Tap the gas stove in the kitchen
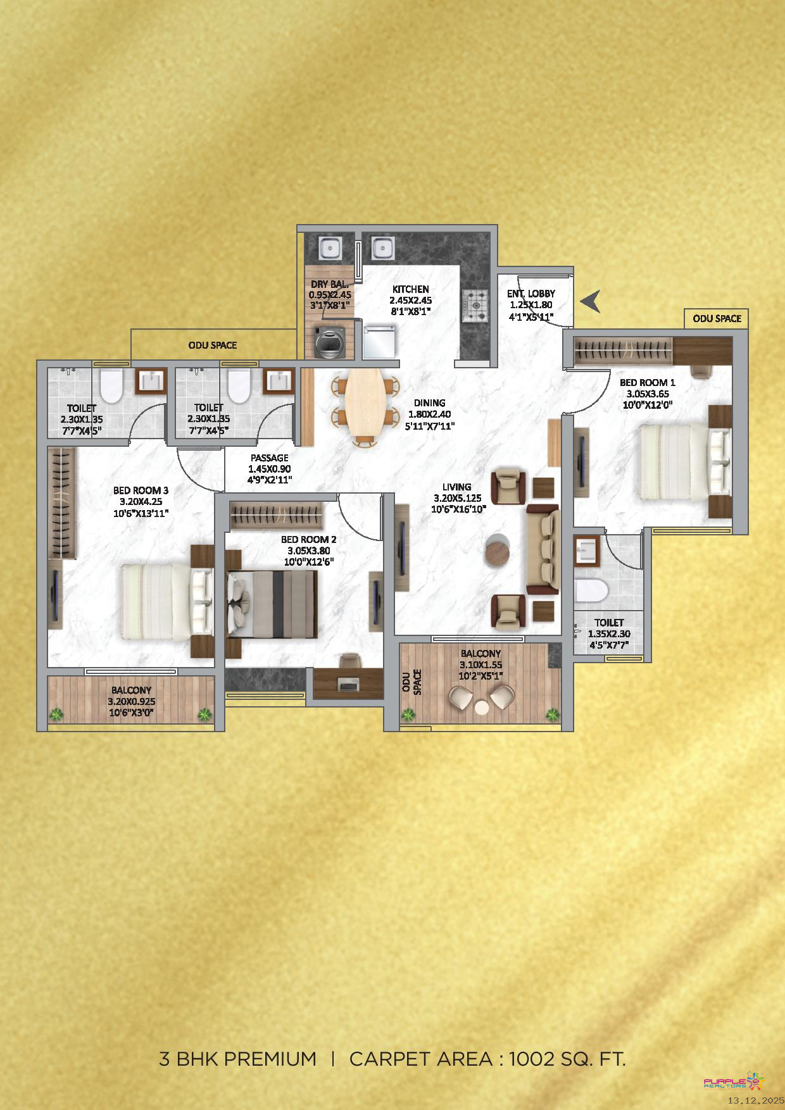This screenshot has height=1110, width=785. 475,305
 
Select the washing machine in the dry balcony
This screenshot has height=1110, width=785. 329,342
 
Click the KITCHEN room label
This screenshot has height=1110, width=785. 411,289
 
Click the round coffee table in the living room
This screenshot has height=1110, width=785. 498,550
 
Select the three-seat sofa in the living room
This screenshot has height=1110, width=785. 543,549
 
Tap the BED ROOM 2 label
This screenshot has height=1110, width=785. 309,540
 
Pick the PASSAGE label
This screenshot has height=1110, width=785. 270,458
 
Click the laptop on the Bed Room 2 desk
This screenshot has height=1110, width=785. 348,684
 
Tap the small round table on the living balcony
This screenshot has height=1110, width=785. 482,707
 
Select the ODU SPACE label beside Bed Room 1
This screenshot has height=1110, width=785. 717,319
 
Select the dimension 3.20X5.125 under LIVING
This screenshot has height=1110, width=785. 458,498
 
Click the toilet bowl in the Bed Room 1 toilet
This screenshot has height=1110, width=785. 591,590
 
